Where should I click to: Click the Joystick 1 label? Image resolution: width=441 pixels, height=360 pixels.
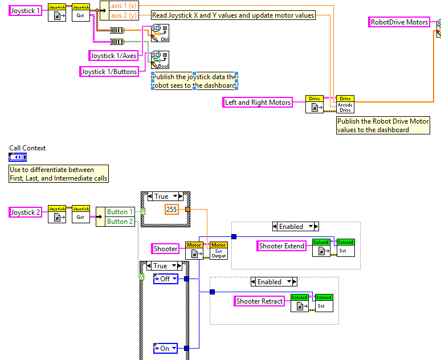point(26,10)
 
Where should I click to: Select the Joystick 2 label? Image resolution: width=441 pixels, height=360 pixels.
point(26,212)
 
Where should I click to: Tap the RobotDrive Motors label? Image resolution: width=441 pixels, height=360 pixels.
point(399,22)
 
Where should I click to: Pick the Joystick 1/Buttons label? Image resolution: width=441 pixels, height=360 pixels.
point(109,71)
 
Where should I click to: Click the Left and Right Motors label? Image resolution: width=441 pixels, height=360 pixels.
point(258,103)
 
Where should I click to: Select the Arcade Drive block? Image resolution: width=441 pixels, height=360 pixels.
point(345,104)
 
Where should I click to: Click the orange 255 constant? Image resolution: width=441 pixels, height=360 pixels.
point(171,209)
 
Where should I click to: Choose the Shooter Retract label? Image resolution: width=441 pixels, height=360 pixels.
point(259,301)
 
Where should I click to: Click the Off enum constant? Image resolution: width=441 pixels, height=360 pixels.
point(165,279)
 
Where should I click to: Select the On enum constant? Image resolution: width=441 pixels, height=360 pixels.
point(165,348)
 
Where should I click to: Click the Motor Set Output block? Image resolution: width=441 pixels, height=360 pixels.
point(219,250)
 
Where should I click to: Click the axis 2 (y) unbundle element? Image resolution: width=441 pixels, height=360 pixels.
point(124,15)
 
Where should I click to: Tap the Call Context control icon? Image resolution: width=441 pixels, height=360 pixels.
point(17,157)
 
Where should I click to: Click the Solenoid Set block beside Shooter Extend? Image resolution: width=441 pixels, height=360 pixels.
point(345,247)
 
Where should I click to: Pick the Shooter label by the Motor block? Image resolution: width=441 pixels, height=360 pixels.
point(166,248)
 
